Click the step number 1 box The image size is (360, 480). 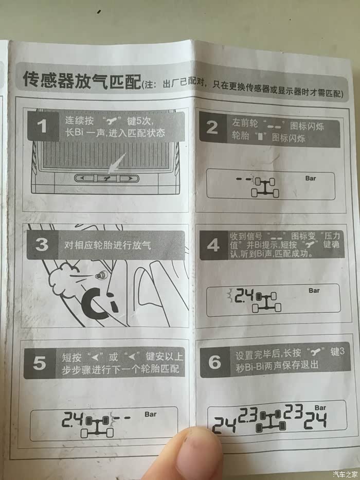(x=43, y=126)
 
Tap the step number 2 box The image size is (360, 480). (x=213, y=128)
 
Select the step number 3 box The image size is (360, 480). (x=42, y=245)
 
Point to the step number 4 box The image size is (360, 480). (x=213, y=245)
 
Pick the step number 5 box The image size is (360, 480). (x=40, y=363)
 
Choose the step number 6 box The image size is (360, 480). (x=215, y=362)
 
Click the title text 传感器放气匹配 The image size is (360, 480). (x=82, y=80)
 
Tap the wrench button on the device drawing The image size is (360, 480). (x=106, y=178)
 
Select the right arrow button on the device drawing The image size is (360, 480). (x=129, y=178)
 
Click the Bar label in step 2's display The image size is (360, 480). (x=311, y=179)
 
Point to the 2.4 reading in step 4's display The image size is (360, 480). (x=244, y=296)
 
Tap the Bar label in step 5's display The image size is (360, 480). (x=151, y=414)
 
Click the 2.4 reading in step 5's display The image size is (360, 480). (x=73, y=419)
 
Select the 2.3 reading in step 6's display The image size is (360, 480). (x=248, y=415)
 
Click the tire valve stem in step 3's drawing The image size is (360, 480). (x=100, y=276)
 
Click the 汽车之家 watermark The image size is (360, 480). (x=345, y=474)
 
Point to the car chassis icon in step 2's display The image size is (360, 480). (x=265, y=187)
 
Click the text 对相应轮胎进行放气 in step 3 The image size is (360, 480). (x=107, y=245)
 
